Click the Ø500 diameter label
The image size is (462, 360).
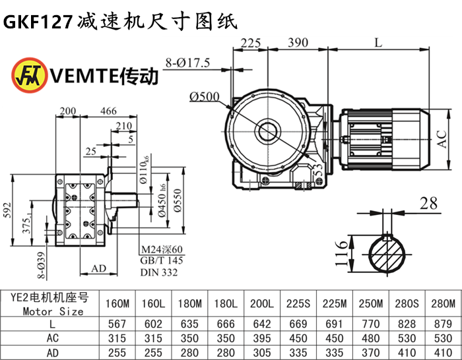pyautogui.click(x=205, y=97)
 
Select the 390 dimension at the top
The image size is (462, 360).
pyautogui.click(x=298, y=43)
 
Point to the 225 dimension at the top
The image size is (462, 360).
pyautogui.click(x=250, y=43)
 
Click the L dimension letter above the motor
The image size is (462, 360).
pyautogui.click(x=378, y=43)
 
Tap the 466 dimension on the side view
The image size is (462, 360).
pyautogui.click(x=109, y=110)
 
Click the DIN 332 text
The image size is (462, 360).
pyautogui.click(x=158, y=272)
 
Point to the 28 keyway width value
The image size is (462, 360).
pyautogui.click(x=430, y=204)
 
